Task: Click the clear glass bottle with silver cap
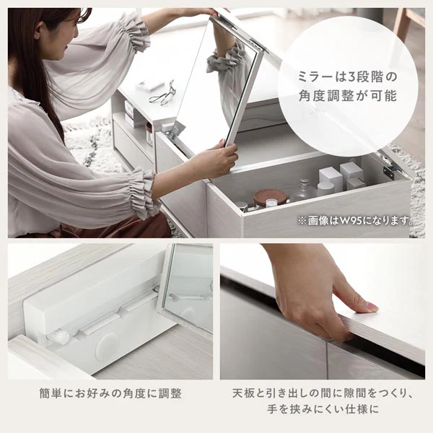point(305,190)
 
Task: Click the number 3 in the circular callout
point(351,77)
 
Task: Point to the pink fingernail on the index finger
point(371,307)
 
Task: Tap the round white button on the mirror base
point(106,346)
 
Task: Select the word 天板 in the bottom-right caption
point(243,393)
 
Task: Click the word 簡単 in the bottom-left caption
point(51,393)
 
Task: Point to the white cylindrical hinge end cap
point(58,337)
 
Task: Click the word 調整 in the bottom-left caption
point(170,393)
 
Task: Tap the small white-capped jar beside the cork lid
point(271,204)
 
